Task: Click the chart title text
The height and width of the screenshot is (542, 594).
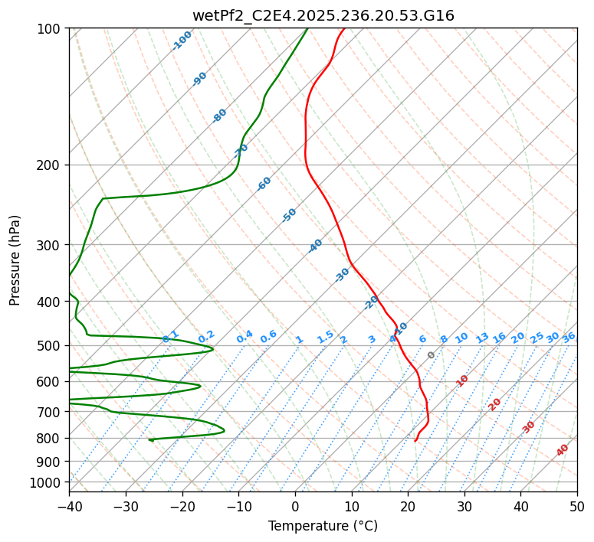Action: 323,15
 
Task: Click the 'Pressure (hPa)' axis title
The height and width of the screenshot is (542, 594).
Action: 15,260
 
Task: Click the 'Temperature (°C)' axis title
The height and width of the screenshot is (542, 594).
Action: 323,526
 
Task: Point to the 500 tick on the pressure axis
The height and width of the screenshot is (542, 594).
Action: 51,345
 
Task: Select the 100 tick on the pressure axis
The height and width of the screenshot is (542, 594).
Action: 51,28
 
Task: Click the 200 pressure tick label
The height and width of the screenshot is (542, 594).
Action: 51,165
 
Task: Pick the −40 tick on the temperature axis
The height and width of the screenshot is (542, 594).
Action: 69,507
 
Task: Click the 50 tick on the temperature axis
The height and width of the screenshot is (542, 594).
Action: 577,507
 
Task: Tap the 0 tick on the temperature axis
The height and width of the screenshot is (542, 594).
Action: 295,507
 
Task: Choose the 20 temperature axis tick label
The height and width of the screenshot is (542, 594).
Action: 408,507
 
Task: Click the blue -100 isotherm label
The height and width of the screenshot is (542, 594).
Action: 182,41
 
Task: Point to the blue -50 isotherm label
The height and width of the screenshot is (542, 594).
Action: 289,215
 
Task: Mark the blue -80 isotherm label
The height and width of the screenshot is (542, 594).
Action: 220,116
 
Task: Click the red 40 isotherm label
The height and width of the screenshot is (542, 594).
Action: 563,450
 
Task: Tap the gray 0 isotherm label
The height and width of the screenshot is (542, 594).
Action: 432,355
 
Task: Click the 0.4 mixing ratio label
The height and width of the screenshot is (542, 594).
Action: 244,338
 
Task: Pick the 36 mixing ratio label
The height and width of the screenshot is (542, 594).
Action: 569,337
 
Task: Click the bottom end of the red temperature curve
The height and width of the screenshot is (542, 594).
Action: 415,441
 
